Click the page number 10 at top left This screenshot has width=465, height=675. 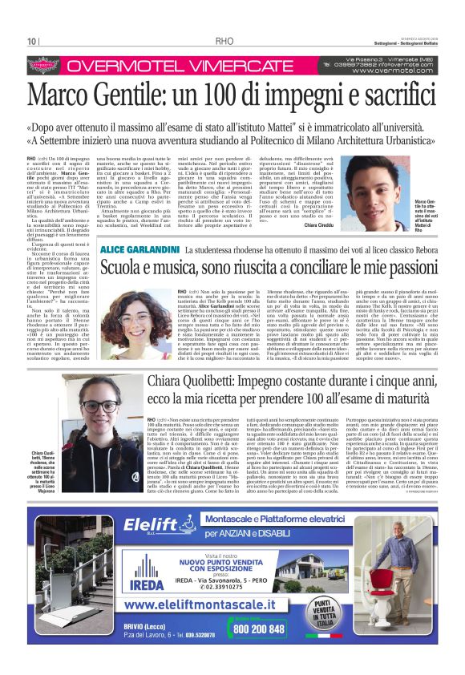tap(31, 42)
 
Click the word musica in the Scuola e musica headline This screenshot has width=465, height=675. tap(197, 270)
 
